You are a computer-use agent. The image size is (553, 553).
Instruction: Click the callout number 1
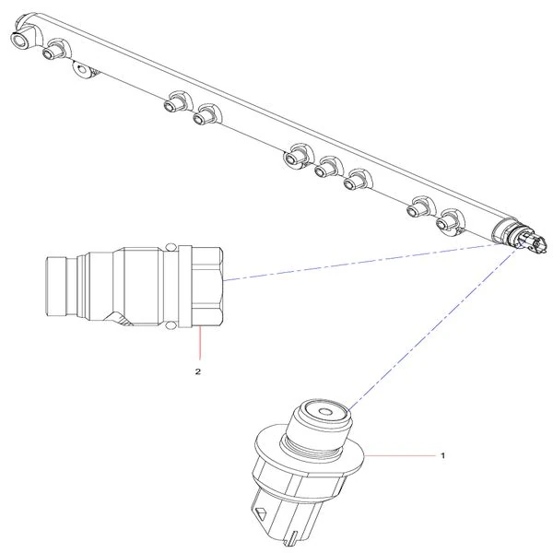point(443,455)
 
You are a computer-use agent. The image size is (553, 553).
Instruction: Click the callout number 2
point(198,371)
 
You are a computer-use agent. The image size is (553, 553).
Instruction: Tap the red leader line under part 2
point(200,343)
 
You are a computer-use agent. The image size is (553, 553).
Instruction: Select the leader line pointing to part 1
point(400,455)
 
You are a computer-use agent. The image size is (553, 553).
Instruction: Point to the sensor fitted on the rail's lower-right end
point(525,239)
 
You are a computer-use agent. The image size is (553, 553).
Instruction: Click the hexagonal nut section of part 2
point(207,287)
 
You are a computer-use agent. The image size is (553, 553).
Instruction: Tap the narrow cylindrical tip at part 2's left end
point(55,287)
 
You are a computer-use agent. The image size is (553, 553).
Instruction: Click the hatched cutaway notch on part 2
point(121,319)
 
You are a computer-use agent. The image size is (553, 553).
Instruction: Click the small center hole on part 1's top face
point(324,412)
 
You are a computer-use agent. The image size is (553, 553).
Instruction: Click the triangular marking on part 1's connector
point(260,512)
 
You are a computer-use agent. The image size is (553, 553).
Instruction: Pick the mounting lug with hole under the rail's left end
point(84,69)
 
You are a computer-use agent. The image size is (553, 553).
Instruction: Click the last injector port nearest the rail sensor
point(448,220)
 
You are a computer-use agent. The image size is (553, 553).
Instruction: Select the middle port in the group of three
point(326,169)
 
